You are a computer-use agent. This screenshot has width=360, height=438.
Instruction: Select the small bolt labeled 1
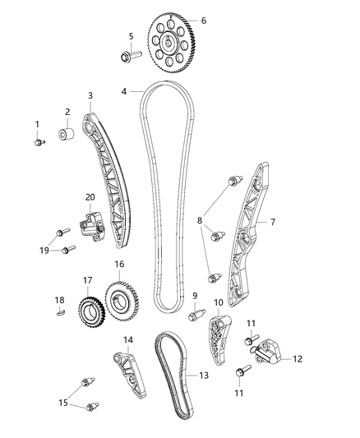click(x=39, y=143)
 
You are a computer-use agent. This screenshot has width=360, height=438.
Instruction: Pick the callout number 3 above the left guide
click(x=90, y=95)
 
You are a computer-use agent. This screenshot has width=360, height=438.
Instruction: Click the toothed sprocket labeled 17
click(x=86, y=311)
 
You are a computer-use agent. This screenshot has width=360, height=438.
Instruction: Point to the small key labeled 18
click(x=59, y=311)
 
